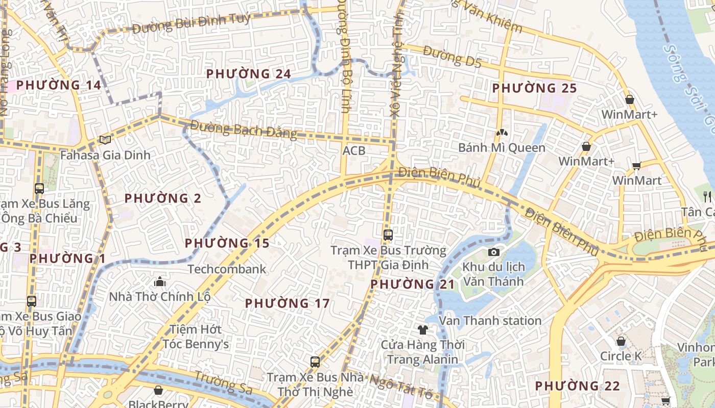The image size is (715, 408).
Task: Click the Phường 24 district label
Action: (x=248, y=74)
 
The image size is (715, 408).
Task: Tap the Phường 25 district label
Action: (x=534, y=88)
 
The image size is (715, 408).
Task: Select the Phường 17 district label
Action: (x=287, y=303)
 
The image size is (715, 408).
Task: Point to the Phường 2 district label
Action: (x=163, y=198)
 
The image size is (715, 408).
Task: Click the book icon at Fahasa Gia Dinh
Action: (x=105, y=140)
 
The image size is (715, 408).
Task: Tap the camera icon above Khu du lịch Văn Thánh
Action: (x=493, y=252)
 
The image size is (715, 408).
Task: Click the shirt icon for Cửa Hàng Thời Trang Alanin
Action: (x=422, y=329)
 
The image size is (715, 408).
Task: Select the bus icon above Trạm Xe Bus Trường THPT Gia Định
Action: (x=388, y=235)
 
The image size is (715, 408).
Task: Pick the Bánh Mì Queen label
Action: (x=502, y=148)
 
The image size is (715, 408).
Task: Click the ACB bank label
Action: (x=354, y=150)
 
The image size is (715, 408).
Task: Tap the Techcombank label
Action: (x=227, y=269)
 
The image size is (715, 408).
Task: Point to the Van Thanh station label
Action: (x=490, y=321)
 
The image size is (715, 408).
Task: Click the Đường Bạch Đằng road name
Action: (x=244, y=130)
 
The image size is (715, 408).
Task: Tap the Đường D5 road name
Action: (x=452, y=57)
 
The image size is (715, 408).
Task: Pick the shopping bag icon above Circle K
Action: (x=621, y=341)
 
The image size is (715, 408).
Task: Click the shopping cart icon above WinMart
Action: (x=636, y=165)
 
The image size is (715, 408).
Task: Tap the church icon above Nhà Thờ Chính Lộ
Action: (x=160, y=282)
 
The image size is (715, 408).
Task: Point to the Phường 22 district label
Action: (x=577, y=386)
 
